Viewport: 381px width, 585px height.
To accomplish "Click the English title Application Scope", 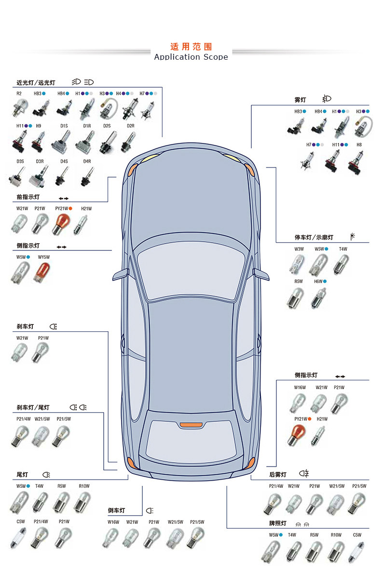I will click(x=191, y=57).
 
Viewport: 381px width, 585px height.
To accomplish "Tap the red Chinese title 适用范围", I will click(x=191, y=47).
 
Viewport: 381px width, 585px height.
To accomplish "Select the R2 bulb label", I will click(x=19, y=93).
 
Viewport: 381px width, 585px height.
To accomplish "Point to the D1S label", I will click(x=64, y=126).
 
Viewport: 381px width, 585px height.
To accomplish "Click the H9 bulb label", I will click(x=39, y=126).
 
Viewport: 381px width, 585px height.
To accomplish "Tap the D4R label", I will click(x=87, y=161).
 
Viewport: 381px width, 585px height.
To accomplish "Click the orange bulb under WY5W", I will click(x=41, y=272).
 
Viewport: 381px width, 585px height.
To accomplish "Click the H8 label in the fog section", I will click(x=359, y=144).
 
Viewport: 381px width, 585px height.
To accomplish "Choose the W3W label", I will click(x=299, y=249).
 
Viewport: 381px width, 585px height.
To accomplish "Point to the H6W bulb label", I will click(x=319, y=281).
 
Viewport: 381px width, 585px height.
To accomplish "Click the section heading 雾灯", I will click(x=300, y=100).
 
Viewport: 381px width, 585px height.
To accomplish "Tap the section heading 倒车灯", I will click(x=117, y=510).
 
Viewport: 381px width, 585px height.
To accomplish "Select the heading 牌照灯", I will click(x=278, y=523).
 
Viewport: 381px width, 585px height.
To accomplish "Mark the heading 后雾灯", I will click(x=278, y=475).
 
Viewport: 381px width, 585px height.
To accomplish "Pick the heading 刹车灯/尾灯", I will click(x=33, y=408).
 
